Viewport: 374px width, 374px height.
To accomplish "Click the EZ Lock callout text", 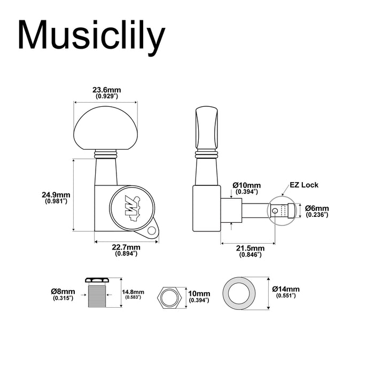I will click(x=304, y=185).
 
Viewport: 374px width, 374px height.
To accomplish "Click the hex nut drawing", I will click(x=170, y=296).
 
